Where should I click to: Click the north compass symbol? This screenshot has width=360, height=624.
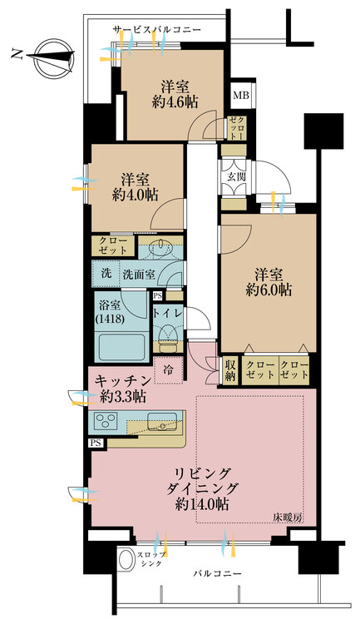(x=54, y=57)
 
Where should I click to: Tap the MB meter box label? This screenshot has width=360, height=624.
(x=240, y=95)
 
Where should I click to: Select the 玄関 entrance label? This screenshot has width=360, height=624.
(x=236, y=176)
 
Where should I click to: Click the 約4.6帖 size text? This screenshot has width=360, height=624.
(x=175, y=102)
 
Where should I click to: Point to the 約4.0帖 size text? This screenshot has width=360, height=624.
(x=136, y=195)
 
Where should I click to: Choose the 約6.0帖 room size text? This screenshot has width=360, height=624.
(x=269, y=290)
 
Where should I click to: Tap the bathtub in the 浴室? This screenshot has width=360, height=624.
(x=121, y=346)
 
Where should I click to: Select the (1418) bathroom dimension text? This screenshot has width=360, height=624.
(x=110, y=319)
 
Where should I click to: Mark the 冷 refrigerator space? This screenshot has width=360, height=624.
(x=168, y=370)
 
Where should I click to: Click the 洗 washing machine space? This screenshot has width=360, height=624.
(x=106, y=274)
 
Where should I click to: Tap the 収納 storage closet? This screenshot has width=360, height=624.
(x=230, y=370)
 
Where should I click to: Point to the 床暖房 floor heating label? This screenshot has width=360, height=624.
(x=288, y=518)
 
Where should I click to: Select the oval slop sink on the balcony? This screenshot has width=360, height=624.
(x=127, y=560)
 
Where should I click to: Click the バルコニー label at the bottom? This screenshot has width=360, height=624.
(x=217, y=574)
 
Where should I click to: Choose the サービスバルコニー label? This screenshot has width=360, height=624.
(x=157, y=30)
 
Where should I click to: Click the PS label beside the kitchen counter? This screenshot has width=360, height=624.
(x=96, y=443)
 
